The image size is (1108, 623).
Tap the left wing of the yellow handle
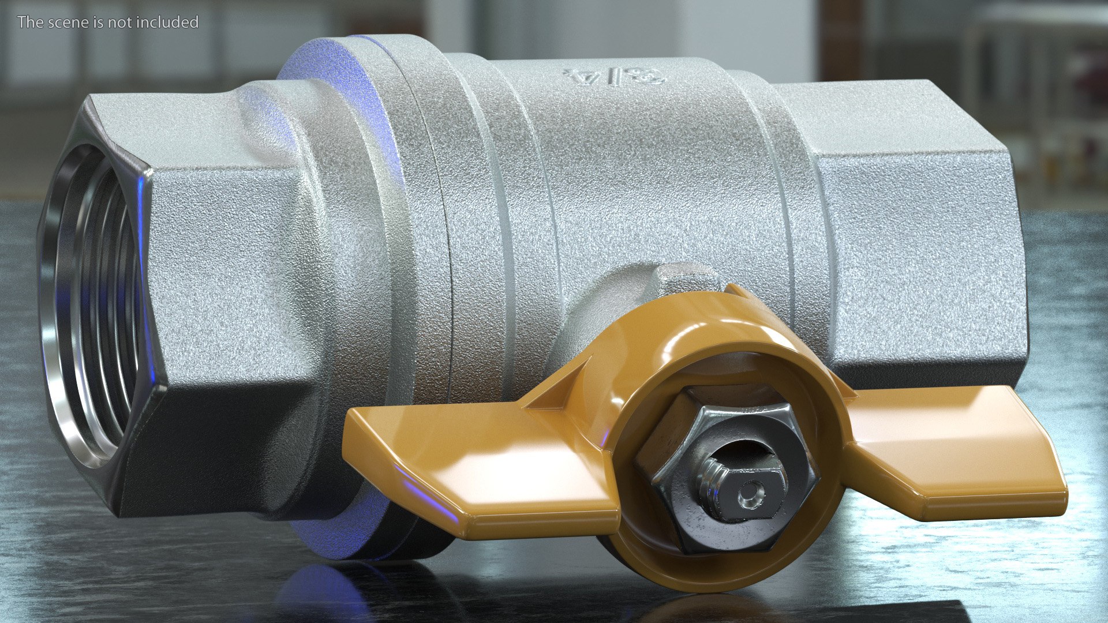click(x=479, y=461)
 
